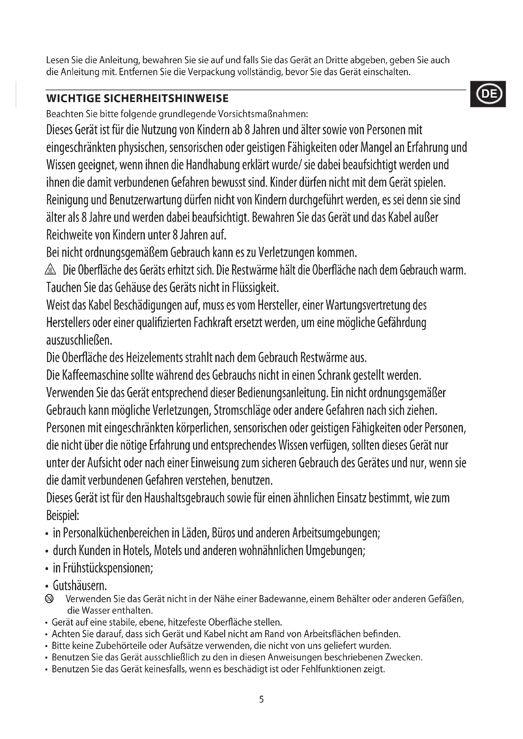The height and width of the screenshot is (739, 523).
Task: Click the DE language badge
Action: tap(488, 94)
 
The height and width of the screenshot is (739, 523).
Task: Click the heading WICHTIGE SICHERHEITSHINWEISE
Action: tap(138, 99)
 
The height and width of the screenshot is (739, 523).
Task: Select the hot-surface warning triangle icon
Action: tap(51, 269)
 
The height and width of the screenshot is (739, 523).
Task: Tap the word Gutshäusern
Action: tap(80, 586)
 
